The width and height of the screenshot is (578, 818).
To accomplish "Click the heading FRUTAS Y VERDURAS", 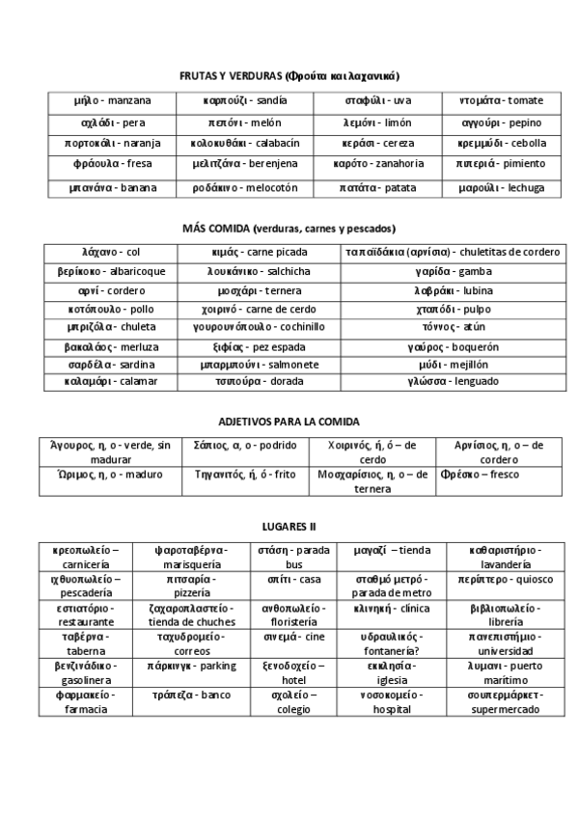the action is (x=289, y=75).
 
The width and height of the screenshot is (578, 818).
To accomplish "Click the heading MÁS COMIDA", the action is (x=289, y=229).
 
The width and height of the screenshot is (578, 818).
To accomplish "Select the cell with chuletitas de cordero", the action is (x=452, y=253).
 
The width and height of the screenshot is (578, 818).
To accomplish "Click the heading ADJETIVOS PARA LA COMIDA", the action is (x=289, y=422).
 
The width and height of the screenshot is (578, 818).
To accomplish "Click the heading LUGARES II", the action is (x=289, y=527).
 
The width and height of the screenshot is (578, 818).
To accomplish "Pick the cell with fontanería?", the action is (x=391, y=644).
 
